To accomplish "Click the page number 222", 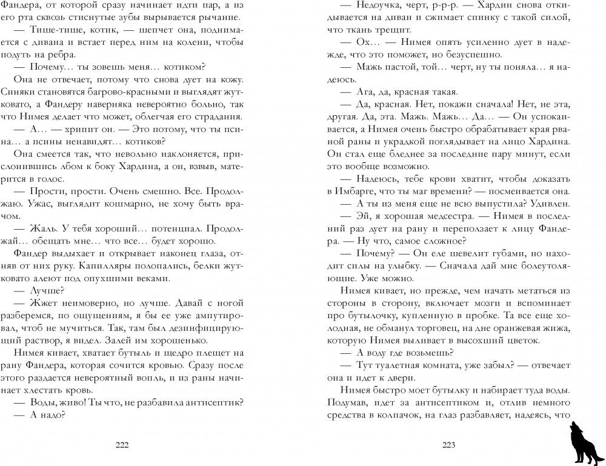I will click(122, 445).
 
